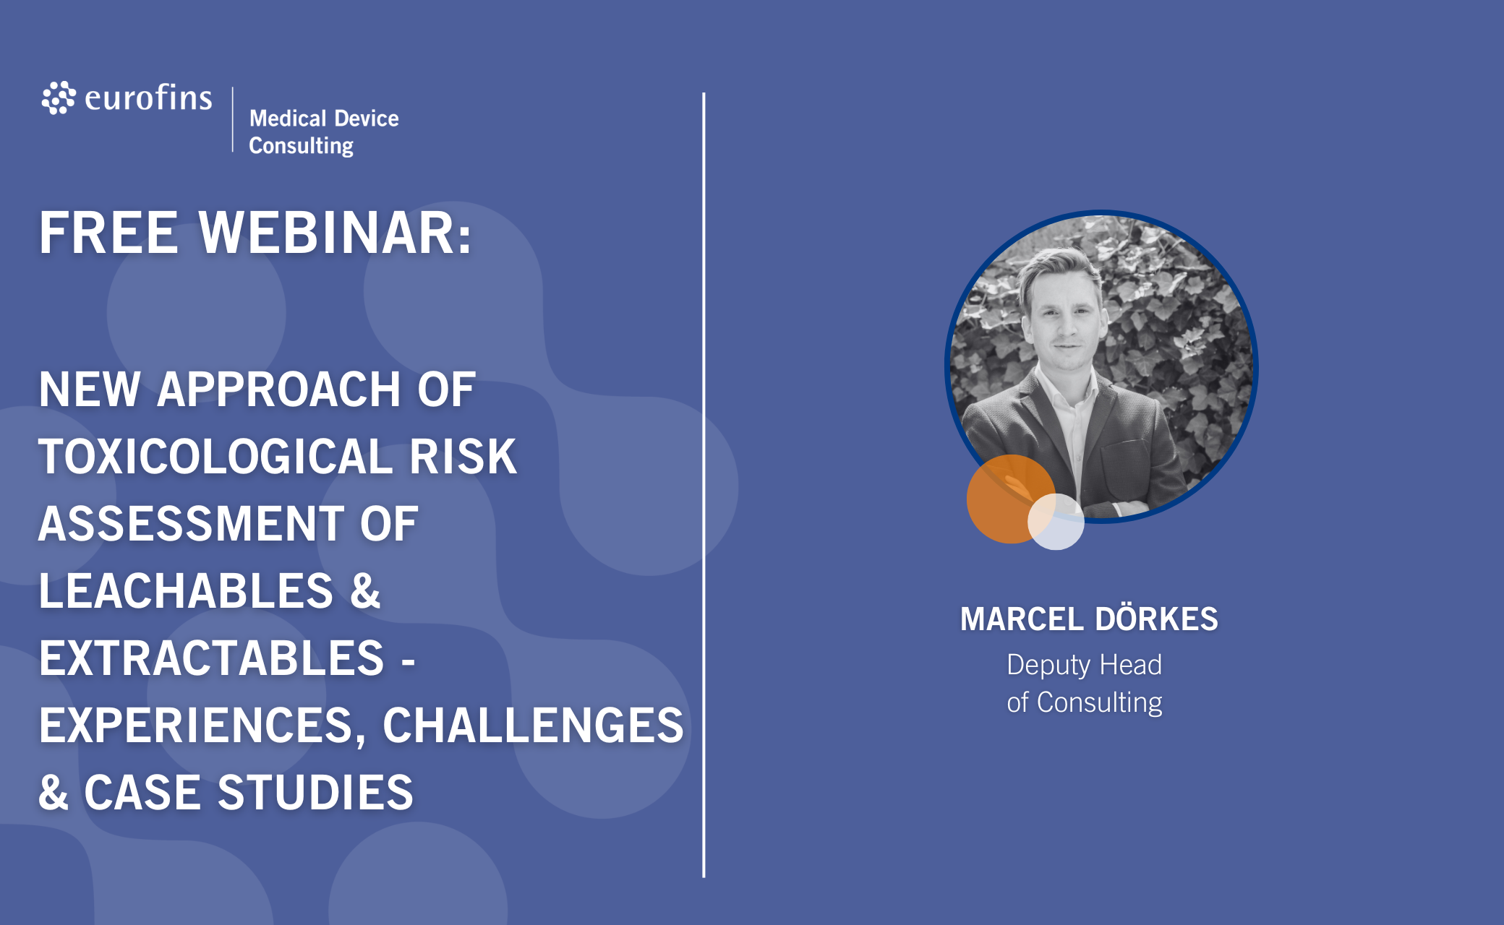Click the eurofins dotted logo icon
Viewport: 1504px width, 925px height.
(59, 98)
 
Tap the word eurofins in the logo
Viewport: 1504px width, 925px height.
(148, 98)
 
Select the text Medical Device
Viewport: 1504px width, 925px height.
(324, 118)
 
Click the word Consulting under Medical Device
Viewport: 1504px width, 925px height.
(302, 146)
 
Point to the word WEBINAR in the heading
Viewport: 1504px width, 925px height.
(336, 233)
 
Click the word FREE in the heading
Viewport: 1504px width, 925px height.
(108, 233)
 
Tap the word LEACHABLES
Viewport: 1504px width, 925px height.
(186, 591)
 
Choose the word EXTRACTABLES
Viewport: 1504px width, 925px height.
(211, 658)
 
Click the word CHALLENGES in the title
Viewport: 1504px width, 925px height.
(533, 726)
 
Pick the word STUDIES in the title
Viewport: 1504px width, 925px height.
(315, 793)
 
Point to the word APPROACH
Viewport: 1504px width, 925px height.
(278, 390)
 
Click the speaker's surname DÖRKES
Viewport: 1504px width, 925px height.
(1156, 618)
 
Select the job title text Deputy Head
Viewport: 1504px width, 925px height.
(1084, 665)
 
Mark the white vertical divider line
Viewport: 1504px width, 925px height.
(704, 485)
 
